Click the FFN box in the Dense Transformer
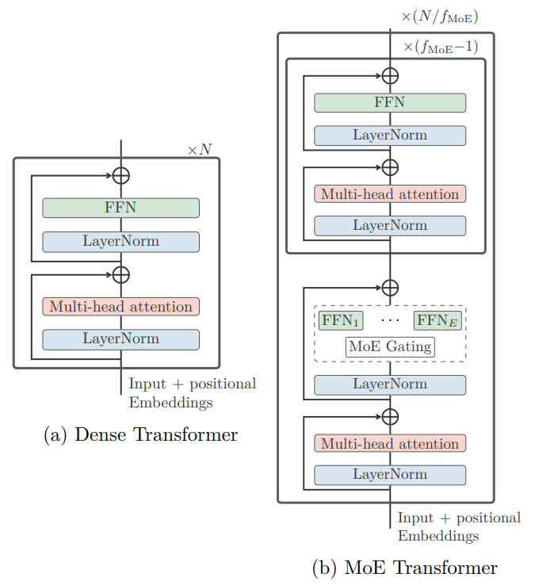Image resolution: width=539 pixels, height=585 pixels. pos(120,208)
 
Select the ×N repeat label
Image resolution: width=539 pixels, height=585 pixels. pos(200,150)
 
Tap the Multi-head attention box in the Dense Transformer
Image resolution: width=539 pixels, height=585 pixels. pos(120,306)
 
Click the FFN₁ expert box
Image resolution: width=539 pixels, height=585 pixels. pos(341,320)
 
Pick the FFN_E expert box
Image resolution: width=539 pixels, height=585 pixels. pos(438,320)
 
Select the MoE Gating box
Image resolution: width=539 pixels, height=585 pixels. pos(390,347)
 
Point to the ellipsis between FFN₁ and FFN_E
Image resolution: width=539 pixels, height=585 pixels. pos(390,320)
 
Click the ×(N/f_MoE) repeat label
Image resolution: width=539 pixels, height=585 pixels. pos(440,17)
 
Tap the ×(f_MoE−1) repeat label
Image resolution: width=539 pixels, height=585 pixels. pos(441,47)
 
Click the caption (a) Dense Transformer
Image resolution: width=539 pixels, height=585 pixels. pos(140,434)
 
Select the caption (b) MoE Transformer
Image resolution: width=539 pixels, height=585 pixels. pos(405,568)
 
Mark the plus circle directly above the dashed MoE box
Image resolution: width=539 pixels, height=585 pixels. pos(390,288)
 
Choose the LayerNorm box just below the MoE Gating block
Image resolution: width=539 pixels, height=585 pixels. pos(390,384)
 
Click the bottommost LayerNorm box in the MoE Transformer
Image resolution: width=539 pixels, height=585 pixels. pos(390,475)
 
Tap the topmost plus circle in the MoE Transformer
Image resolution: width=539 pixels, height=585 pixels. pos(390,76)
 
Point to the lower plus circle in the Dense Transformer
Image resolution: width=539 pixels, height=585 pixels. pos(120,275)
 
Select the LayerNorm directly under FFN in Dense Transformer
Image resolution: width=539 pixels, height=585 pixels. pos(120,242)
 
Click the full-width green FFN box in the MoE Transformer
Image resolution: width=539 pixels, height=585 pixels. pos(390,102)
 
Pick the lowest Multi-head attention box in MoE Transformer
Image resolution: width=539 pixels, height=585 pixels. pos(390,443)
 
